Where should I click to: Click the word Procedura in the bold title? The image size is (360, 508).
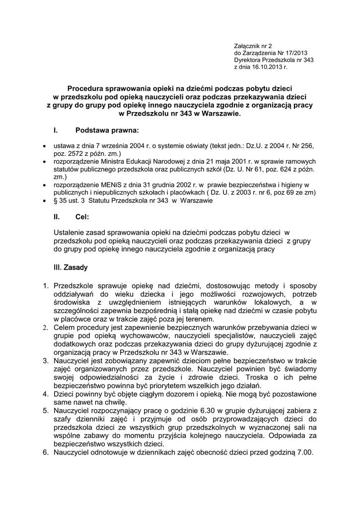click(x=87, y=87)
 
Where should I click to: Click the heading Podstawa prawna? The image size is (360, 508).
click(x=107, y=131)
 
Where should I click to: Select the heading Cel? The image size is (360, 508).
click(x=82, y=217)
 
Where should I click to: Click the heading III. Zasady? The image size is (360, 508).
click(x=70, y=268)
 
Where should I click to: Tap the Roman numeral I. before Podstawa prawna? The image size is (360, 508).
click(x=55, y=131)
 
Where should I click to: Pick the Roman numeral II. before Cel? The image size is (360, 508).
click(x=57, y=217)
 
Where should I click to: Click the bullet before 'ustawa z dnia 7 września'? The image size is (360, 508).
click(x=45, y=147)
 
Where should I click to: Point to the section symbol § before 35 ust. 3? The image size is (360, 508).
click(x=55, y=201)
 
